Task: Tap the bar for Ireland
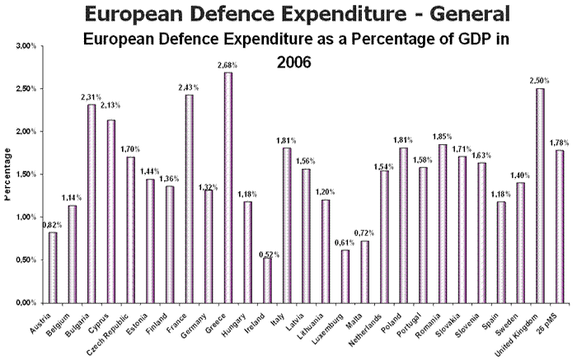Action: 267,280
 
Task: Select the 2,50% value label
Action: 540,80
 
